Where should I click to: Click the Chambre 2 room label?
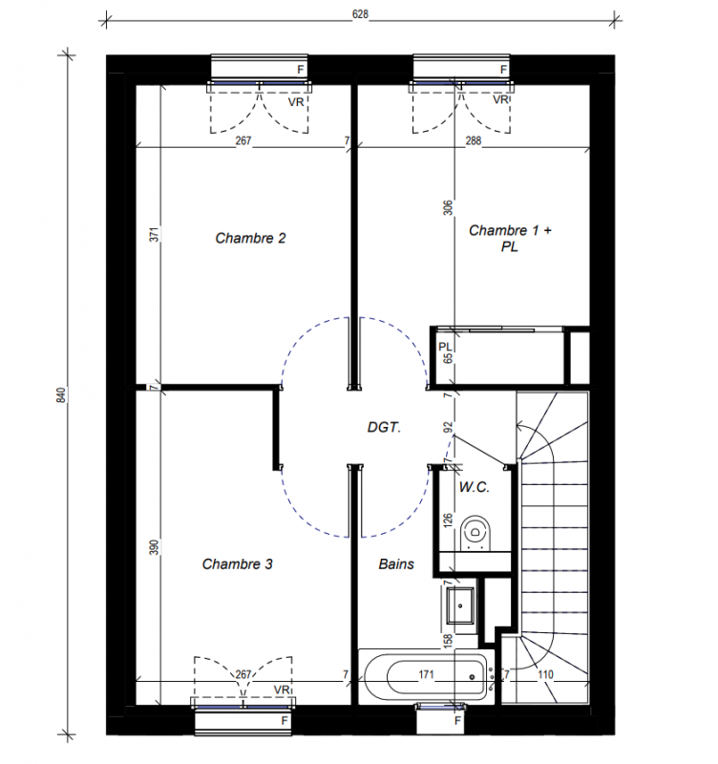click(250, 238)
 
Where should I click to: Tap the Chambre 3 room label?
click(237, 564)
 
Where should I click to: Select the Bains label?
click(396, 564)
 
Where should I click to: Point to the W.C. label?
click(474, 487)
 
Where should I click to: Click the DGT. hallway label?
click(384, 428)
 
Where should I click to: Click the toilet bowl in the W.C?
click(475, 533)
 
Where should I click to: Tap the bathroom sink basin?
click(460, 605)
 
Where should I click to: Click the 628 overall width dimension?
click(360, 14)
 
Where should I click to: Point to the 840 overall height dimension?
click(61, 394)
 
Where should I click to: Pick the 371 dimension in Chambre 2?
click(154, 235)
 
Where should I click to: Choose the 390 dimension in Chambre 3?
click(154, 547)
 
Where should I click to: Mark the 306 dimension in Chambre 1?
click(448, 208)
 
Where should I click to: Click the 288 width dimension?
click(473, 140)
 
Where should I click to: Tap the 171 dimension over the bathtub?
click(426, 675)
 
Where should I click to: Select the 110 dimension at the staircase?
click(545, 675)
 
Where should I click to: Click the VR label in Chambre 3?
click(281, 690)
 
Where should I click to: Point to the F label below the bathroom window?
click(458, 720)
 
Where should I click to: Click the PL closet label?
click(445, 347)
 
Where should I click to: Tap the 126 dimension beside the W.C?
click(448, 520)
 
